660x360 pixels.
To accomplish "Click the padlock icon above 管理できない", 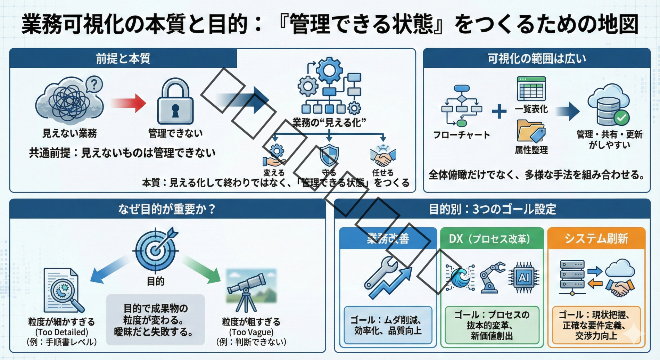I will tap(175, 102).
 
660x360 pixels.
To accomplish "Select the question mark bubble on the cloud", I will tap(94, 84).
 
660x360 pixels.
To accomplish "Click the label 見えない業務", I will tap(69, 133).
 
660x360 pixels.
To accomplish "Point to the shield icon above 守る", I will tap(329, 155).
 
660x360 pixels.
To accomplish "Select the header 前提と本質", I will tap(123, 58).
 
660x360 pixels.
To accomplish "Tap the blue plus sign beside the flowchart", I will tap(499, 111).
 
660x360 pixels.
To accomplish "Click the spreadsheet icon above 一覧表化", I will tap(531, 89).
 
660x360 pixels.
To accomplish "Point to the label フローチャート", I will tap(461, 135).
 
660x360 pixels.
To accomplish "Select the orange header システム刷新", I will tap(596, 238).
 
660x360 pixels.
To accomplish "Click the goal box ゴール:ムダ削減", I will tap(388, 325).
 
